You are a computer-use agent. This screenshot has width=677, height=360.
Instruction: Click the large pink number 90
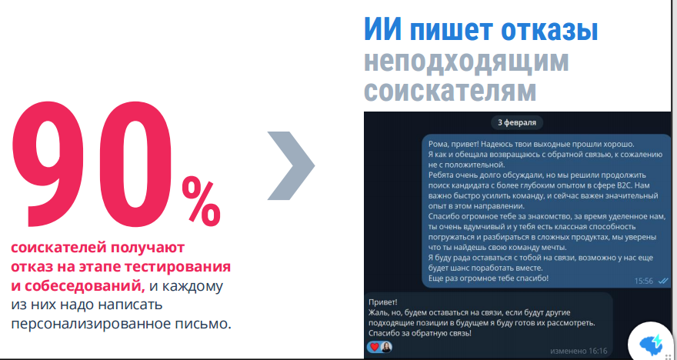[x=92, y=164]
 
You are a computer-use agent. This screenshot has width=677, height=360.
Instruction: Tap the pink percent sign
[x=202, y=202]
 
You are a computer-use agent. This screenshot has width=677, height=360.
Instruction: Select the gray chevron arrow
[x=291, y=165]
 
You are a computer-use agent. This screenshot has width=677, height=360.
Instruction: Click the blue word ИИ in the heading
[x=383, y=30]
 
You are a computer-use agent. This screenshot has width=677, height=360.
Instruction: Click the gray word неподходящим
[x=466, y=62]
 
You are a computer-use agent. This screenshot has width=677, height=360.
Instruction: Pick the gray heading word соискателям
[x=450, y=91]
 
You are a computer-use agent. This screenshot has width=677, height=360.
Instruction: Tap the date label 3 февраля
[x=517, y=122]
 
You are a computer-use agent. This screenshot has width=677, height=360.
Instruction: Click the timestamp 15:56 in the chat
[x=643, y=281]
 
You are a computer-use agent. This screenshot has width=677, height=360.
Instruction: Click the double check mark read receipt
[x=662, y=281]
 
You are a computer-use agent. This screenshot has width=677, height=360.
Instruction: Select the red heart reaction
[x=375, y=347]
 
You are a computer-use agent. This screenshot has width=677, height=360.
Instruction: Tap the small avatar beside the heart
[x=385, y=347]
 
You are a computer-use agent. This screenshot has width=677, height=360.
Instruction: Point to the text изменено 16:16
[x=579, y=351]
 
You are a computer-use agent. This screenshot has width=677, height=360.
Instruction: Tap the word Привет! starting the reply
[x=383, y=302]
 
